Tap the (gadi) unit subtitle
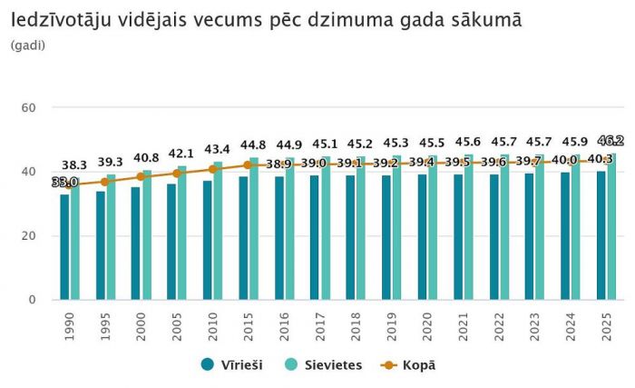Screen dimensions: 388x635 29,45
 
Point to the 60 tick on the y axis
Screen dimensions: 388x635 28,108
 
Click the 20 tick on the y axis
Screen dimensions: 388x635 28,235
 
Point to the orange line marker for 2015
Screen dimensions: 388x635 247,165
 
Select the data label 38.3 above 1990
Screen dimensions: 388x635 74,165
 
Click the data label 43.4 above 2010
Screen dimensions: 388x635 216,148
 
